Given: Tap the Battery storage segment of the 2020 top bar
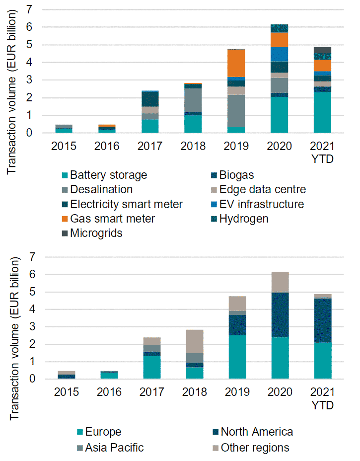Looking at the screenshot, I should coord(280,115).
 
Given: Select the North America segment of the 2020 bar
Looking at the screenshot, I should coord(280,315).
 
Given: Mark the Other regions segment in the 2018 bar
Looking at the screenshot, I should coord(194,341).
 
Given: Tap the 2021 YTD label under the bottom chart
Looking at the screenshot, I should coord(323,399).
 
